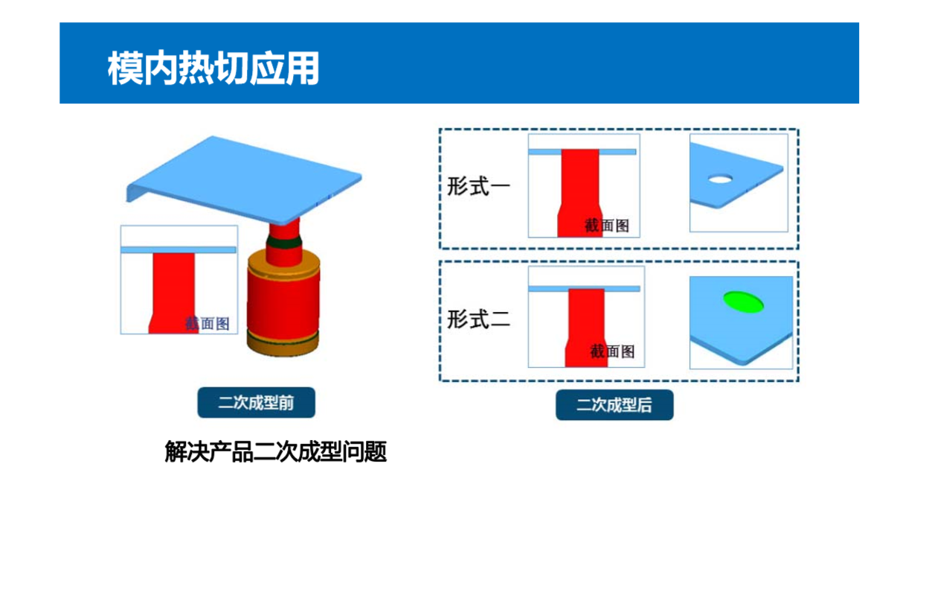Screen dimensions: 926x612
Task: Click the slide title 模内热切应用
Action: pyautogui.click(x=213, y=68)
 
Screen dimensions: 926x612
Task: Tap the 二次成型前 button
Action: pyautogui.click(x=257, y=402)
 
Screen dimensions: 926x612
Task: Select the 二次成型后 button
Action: pyautogui.click(x=614, y=405)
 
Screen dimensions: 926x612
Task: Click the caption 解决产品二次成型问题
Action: pyautogui.click(x=276, y=451)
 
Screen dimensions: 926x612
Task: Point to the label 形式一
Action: pyautogui.click(x=479, y=186)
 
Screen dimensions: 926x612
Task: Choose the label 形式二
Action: pyautogui.click(x=479, y=319)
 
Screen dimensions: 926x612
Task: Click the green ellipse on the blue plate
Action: pyautogui.click(x=743, y=302)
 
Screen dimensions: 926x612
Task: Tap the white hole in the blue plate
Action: pyautogui.click(x=720, y=179)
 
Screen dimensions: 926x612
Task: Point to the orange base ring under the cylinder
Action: pyautogui.click(x=283, y=343)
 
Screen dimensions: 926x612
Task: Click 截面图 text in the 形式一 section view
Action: pyautogui.click(x=607, y=226)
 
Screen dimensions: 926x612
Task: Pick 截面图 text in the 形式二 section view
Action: pyautogui.click(x=612, y=351)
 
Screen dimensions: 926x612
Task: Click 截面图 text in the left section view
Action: pyautogui.click(x=207, y=324)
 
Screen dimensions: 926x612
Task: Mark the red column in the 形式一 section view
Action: pyautogui.click(x=579, y=194)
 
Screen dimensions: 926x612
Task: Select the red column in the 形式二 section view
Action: pyautogui.click(x=586, y=328)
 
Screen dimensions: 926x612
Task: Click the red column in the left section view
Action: pyautogui.click(x=173, y=293)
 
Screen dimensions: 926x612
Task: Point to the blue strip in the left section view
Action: pyautogui.click(x=179, y=250)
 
